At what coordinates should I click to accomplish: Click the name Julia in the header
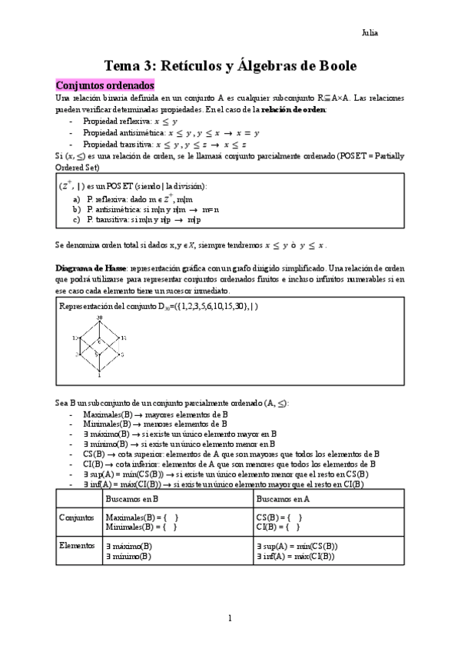click(369, 33)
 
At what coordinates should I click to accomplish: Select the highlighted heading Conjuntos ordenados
click(105, 85)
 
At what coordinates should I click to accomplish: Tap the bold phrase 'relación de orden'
click(294, 110)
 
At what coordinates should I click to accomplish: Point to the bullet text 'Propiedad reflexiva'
click(115, 121)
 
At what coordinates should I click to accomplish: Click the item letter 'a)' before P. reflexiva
click(77, 198)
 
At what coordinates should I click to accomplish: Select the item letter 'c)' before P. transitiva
click(77, 219)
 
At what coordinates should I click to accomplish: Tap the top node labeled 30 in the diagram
click(99, 317)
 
